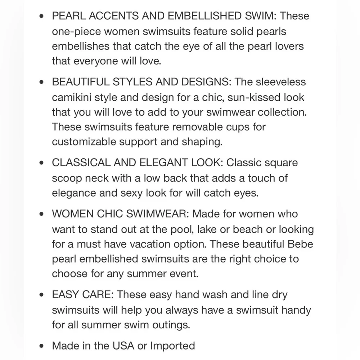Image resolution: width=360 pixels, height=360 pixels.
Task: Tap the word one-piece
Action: click(x=76, y=32)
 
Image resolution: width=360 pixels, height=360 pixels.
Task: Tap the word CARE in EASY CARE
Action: click(x=98, y=295)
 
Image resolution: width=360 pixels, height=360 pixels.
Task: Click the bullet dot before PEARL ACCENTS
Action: click(x=42, y=16)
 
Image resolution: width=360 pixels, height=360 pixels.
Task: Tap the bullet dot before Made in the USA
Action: click(x=42, y=346)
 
